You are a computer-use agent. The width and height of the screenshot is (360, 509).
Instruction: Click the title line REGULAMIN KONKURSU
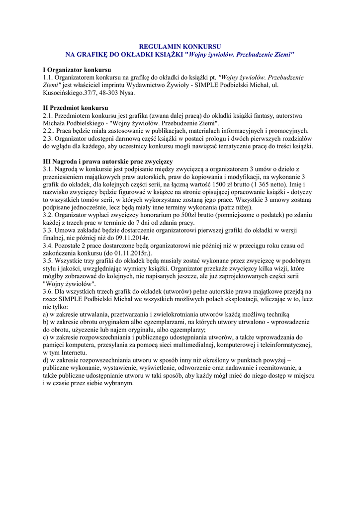[180, 46]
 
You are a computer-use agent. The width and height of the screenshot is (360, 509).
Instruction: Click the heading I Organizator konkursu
[77, 70]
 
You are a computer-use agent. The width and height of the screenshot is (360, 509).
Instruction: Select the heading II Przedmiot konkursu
[76, 108]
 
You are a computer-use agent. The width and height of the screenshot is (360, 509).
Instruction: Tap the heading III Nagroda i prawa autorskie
[108, 162]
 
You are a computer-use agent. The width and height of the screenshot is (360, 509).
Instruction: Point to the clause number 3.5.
[48, 261]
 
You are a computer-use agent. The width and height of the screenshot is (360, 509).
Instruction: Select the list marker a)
[46, 315]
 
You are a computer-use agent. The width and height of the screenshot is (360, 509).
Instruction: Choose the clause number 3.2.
[48, 215]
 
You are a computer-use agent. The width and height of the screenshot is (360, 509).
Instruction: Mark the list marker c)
[46, 338]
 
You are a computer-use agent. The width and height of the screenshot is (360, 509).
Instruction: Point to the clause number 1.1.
[48, 78]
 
